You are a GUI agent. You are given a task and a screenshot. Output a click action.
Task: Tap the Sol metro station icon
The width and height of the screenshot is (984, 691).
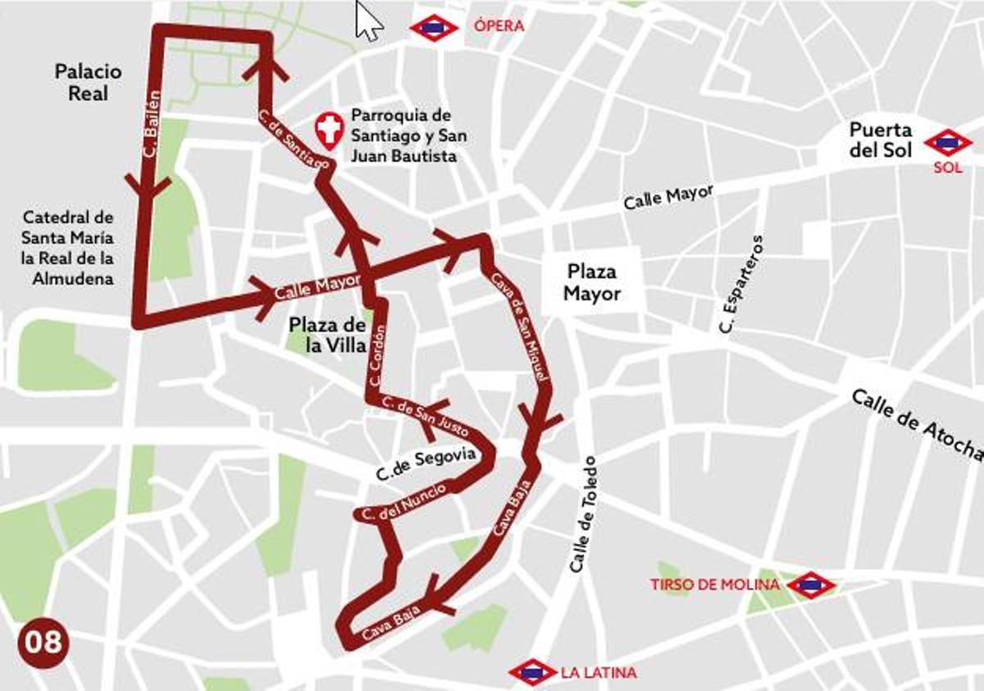click(x=948, y=143)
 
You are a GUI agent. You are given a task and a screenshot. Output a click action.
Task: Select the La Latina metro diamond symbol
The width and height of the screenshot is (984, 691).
click(x=533, y=673)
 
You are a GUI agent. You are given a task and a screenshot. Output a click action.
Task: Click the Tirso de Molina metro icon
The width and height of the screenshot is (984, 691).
click(x=810, y=585)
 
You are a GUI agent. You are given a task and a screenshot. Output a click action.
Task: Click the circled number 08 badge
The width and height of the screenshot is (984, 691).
click(x=43, y=641)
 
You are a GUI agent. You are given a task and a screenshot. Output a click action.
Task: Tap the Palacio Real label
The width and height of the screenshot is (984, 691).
click(x=88, y=82)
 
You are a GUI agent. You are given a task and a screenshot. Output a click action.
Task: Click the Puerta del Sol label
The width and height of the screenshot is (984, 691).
click(x=880, y=140)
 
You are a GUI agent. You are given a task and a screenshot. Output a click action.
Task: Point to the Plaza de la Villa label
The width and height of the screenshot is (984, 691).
click(x=326, y=335)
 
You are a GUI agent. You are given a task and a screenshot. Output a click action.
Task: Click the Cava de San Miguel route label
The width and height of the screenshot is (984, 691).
click(x=517, y=327)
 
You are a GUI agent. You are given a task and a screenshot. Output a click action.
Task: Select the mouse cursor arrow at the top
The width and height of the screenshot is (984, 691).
click(x=368, y=21)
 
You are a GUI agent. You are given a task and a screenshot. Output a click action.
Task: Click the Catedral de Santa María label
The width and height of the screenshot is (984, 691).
click(x=68, y=248)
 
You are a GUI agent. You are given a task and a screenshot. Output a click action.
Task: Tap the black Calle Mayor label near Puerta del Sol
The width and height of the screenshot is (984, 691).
click(x=667, y=197)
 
